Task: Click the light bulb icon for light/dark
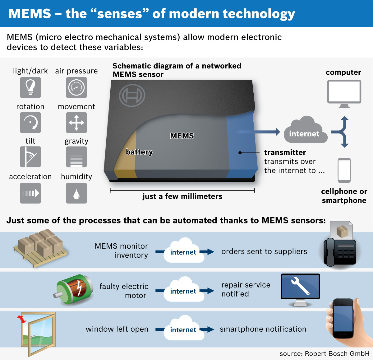point(30,87)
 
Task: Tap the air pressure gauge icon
point(76,87)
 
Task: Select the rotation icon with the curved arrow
point(30,123)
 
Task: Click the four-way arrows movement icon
point(76,123)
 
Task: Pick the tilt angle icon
point(30,157)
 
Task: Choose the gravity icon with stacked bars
point(76,157)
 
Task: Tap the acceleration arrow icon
point(30,193)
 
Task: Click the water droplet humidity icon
point(76,193)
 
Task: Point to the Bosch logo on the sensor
point(132,96)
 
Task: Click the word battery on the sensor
point(139,152)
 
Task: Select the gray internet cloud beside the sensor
point(306,130)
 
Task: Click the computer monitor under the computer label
point(344,94)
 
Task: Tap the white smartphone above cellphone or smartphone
point(344,171)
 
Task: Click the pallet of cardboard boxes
point(40,248)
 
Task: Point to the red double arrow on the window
point(22,320)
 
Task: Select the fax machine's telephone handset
point(330,252)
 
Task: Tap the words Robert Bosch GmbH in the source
point(337,353)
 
